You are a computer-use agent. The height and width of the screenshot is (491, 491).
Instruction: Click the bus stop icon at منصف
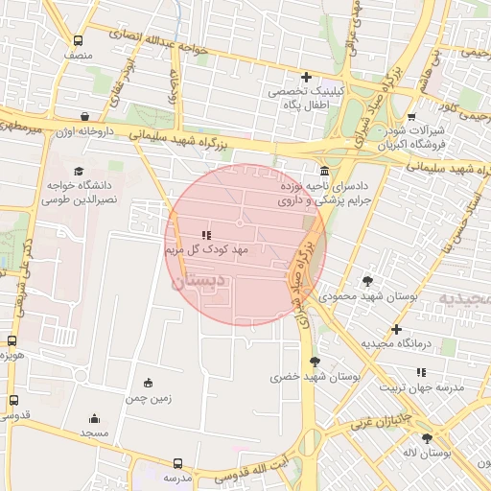point(79,41)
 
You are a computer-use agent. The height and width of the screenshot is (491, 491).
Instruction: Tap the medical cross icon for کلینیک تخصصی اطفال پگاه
point(306,77)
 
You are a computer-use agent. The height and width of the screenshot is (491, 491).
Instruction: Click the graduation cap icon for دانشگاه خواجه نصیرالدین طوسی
point(78,170)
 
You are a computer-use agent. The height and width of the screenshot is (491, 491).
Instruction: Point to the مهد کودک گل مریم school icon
point(205,235)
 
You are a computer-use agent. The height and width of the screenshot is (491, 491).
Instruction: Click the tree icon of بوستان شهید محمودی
point(367,281)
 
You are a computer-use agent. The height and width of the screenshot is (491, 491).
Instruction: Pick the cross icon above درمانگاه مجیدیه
point(396,329)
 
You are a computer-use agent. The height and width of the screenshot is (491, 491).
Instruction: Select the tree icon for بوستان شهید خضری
point(315,362)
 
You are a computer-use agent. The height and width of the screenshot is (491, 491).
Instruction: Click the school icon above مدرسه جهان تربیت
point(422,372)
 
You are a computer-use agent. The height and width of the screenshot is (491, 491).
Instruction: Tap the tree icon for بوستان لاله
point(427,438)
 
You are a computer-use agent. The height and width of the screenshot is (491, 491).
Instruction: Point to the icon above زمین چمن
point(147,383)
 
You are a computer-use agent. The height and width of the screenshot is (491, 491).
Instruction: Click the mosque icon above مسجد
point(94,418)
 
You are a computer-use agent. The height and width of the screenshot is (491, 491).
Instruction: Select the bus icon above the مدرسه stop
point(177,462)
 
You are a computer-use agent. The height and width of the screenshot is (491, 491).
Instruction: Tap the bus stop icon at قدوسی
point(12,400)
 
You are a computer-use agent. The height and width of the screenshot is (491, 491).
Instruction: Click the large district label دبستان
point(199,282)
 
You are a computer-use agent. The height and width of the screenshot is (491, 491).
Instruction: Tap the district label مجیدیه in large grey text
point(466,298)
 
